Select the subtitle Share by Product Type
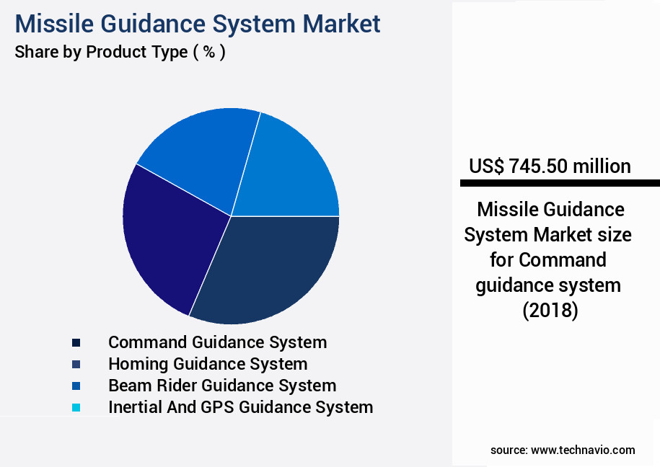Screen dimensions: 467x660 (101, 52)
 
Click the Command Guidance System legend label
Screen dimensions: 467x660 (217, 342)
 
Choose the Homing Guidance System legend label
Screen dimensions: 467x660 (208, 364)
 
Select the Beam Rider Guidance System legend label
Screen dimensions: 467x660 (222, 386)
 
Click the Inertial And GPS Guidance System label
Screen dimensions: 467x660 (240, 407)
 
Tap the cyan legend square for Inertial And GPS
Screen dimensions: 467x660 (76, 408)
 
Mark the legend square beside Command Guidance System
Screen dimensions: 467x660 (76, 343)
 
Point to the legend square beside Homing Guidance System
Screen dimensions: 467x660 (76, 365)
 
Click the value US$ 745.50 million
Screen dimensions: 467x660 (550, 166)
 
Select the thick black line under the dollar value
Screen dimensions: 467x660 (560, 183)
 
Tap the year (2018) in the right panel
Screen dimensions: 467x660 (550, 311)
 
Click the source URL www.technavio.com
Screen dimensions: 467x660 (583, 450)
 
